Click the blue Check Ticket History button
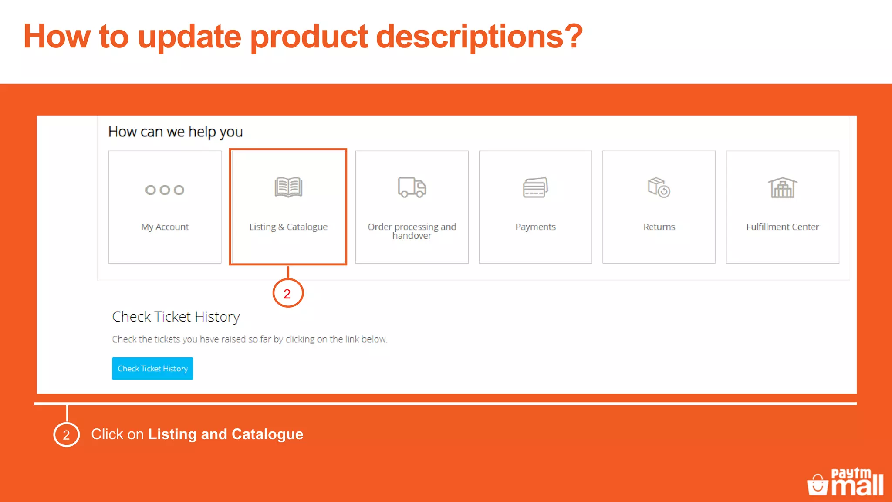pyautogui.click(x=152, y=369)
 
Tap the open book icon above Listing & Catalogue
pyautogui.click(x=288, y=187)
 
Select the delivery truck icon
pyautogui.click(x=412, y=187)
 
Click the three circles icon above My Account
pyautogui.click(x=165, y=190)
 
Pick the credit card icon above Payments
pyautogui.click(x=535, y=187)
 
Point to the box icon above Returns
pyautogui.click(x=659, y=187)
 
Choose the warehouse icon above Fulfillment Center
pyautogui.click(x=782, y=188)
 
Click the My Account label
pyautogui.click(x=165, y=227)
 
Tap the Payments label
pyautogui.click(x=535, y=227)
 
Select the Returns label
pyautogui.click(x=659, y=227)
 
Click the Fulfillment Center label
pyautogui.click(x=782, y=227)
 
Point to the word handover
pyautogui.click(x=412, y=236)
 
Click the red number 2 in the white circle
pyautogui.click(x=287, y=294)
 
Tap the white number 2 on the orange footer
pyautogui.click(x=66, y=435)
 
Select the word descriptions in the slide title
pyautogui.click(x=479, y=37)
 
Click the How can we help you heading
pyautogui.click(x=175, y=132)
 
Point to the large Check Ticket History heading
pyautogui.click(x=176, y=317)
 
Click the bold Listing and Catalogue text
pyautogui.click(x=226, y=434)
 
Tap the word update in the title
pyautogui.click(x=189, y=37)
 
